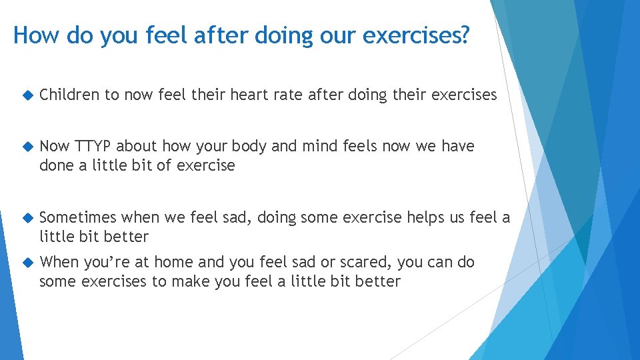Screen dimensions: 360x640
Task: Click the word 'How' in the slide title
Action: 35,35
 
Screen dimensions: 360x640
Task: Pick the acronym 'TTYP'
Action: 93,146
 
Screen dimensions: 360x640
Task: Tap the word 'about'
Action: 136,146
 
